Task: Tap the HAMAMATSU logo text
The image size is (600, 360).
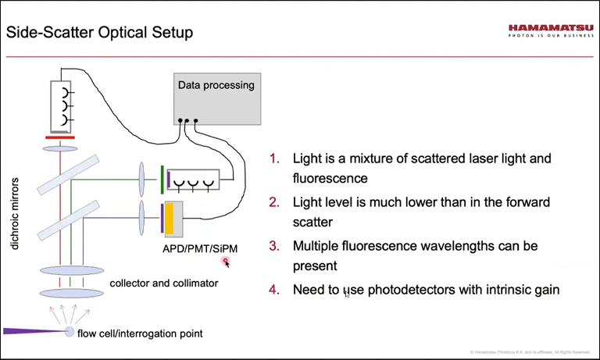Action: tap(549, 29)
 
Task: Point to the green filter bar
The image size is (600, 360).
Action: tap(162, 177)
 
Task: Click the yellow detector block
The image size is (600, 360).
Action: tap(173, 218)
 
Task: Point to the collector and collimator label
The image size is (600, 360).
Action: tap(164, 283)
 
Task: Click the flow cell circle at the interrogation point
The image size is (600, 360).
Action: tap(70, 333)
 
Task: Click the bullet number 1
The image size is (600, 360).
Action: tap(274, 159)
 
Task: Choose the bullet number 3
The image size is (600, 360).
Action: tap(274, 246)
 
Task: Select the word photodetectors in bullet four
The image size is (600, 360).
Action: tap(405, 290)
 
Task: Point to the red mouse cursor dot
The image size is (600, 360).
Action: tap(226, 261)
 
